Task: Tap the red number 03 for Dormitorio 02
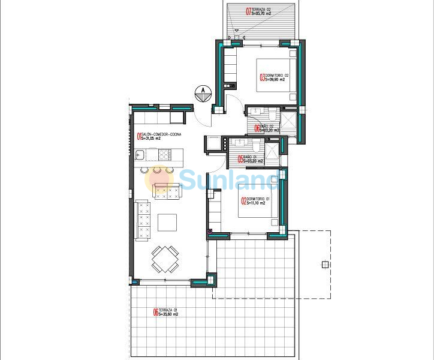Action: tap(262, 77)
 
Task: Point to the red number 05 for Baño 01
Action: tap(240, 160)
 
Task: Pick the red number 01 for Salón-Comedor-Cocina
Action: tap(139, 136)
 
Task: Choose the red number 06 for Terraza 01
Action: tap(156, 311)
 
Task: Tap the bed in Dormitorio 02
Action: tap(276, 75)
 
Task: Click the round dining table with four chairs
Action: tap(164, 259)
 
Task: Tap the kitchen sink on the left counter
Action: tap(138, 156)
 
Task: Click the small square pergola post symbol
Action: tap(325, 264)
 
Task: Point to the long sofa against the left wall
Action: tap(144, 221)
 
